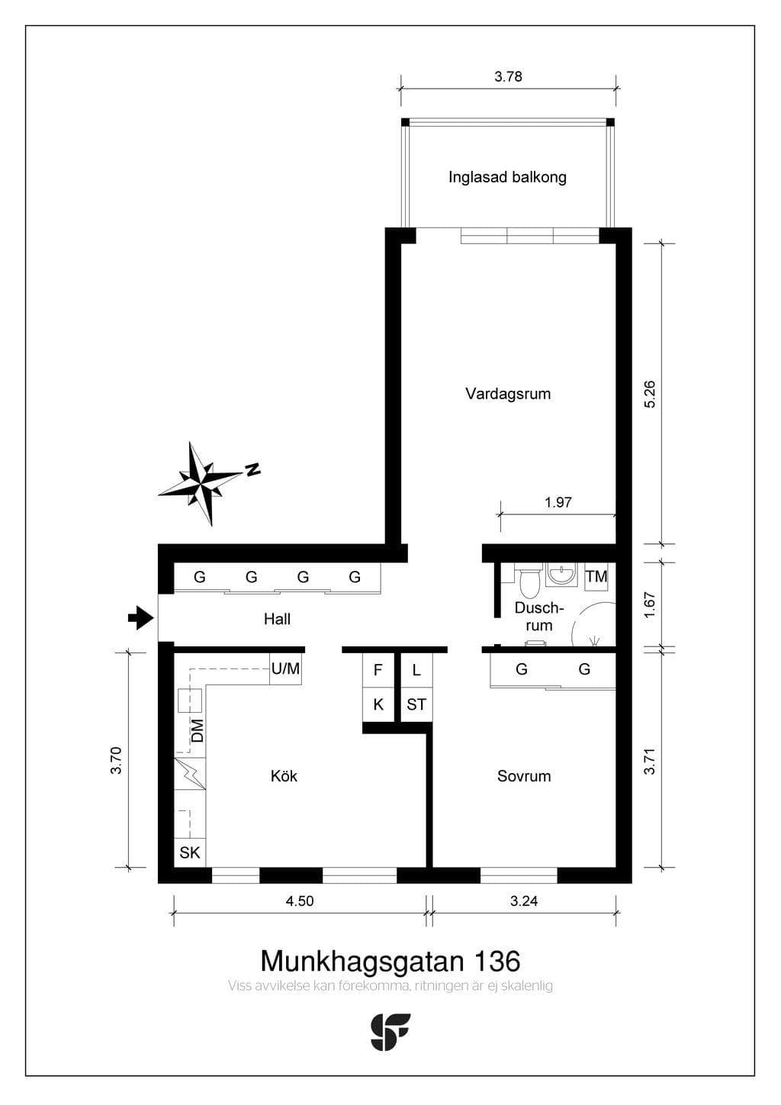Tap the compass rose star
coord(201,483)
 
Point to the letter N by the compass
coord(253,469)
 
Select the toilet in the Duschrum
coord(529,581)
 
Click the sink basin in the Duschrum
coord(561,574)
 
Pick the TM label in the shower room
coord(596,575)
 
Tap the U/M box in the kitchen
coord(285,668)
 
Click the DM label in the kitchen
coord(198,730)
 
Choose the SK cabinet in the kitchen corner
coord(190,852)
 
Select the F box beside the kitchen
coord(378,670)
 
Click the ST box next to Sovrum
coord(416,704)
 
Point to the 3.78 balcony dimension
coord(509,76)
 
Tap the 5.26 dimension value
coord(650,394)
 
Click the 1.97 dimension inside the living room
coord(558,502)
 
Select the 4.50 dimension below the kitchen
coord(300,900)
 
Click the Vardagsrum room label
coord(508,394)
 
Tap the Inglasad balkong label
coord(507,177)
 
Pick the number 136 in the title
coord(497,961)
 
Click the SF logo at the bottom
coord(390,1032)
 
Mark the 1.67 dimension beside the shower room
coord(650,604)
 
